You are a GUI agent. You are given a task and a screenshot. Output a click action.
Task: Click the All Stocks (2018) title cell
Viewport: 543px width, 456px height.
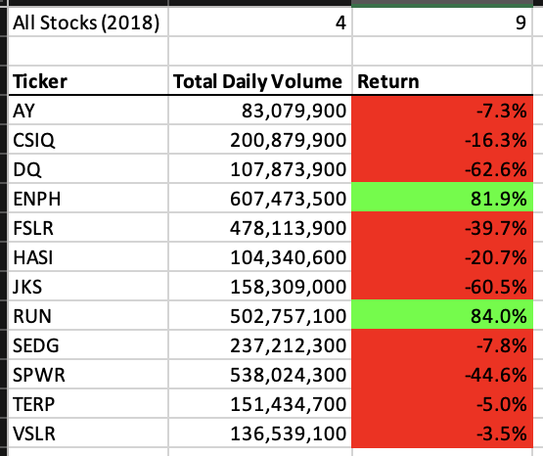(85, 22)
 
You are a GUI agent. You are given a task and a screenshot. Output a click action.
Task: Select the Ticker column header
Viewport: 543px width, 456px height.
(41, 81)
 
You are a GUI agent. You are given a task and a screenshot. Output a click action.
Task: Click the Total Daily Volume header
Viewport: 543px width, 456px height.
(258, 81)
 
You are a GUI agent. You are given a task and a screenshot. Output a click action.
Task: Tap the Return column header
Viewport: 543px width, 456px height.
(388, 81)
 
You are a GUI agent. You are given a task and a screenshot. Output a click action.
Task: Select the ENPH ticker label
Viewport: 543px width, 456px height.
(38, 198)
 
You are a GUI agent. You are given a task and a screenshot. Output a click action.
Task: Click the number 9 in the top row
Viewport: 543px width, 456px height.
(520, 22)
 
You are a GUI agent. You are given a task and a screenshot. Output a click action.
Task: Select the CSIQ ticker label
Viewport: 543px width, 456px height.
(35, 141)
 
